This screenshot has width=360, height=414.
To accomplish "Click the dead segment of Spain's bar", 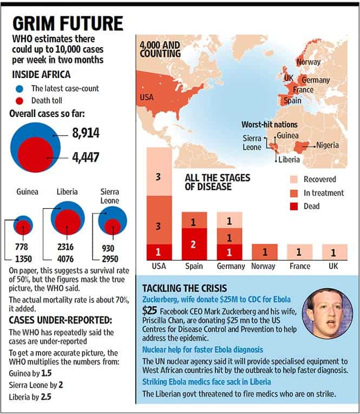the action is pyautogui.click(x=194, y=244).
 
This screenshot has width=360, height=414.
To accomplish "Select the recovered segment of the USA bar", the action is pyautogui.click(x=159, y=172).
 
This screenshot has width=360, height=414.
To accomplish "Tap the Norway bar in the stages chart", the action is pyautogui.click(x=265, y=252).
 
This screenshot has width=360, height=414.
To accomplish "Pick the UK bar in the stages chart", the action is pyautogui.click(x=335, y=252).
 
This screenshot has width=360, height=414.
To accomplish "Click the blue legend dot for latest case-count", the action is pyautogui.click(x=19, y=89).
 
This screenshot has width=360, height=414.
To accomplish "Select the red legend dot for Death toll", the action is pyautogui.click(x=19, y=101).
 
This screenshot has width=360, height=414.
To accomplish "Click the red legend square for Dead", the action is pyautogui.click(x=294, y=206).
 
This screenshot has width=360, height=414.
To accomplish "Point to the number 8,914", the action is pyautogui.click(x=86, y=133).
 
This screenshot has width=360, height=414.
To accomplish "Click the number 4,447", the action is pyautogui.click(x=86, y=157).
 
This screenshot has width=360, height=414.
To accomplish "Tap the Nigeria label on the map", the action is pyautogui.click(x=328, y=145).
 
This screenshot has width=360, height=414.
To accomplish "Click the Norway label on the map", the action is pyautogui.click(x=309, y=62).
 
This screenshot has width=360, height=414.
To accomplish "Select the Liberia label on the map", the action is pyautogui.click(x=289, y=159).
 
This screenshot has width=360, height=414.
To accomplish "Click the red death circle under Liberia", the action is pyautogui.click(x=68, y=222).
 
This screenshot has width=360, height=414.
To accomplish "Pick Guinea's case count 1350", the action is pyautogui.click(x=23, y=259).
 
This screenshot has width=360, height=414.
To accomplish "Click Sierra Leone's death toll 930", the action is pyautogui.click(x=108, y=248).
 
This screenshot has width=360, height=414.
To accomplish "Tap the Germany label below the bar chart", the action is pyautogui.click(x=231, y=266).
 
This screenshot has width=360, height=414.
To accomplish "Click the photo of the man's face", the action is pyautogui.click(x=328, y=314).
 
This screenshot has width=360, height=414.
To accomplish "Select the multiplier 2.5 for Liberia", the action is pyautogui.click(x=46, y=397).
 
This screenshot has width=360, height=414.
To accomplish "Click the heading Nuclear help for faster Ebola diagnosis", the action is pyautogui.click(x=202, y=350).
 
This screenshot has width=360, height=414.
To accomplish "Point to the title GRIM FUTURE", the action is pyautogui.click(x=68, y=23).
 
